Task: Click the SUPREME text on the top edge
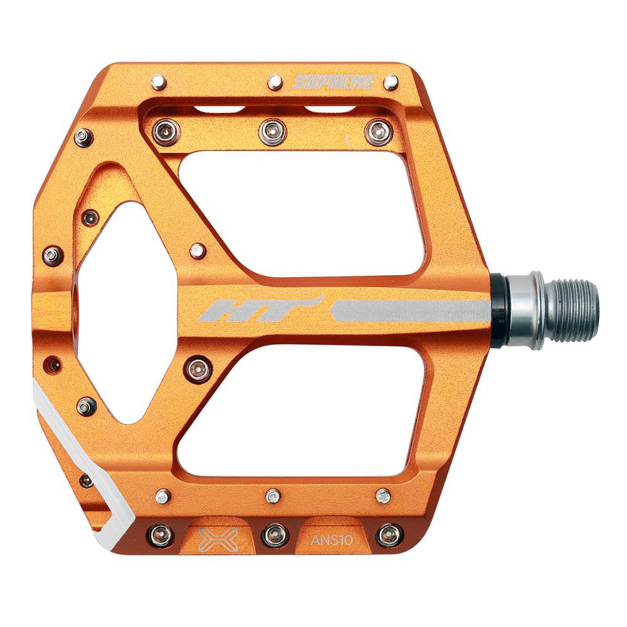pyautogui.click(x=334, y=82)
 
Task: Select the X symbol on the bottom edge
pyautogui.click(x=211, y=537)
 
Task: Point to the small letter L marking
pyautogui.click(x=349, y=139)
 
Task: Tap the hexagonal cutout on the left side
pyautogui.click(x=116, y=313)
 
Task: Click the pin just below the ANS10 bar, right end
pyautogui.click(x=383, y=496)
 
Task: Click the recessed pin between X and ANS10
pyautogui.click(x=275, y=534)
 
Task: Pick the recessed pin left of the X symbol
pyautogui.click(x=160, y=535)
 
